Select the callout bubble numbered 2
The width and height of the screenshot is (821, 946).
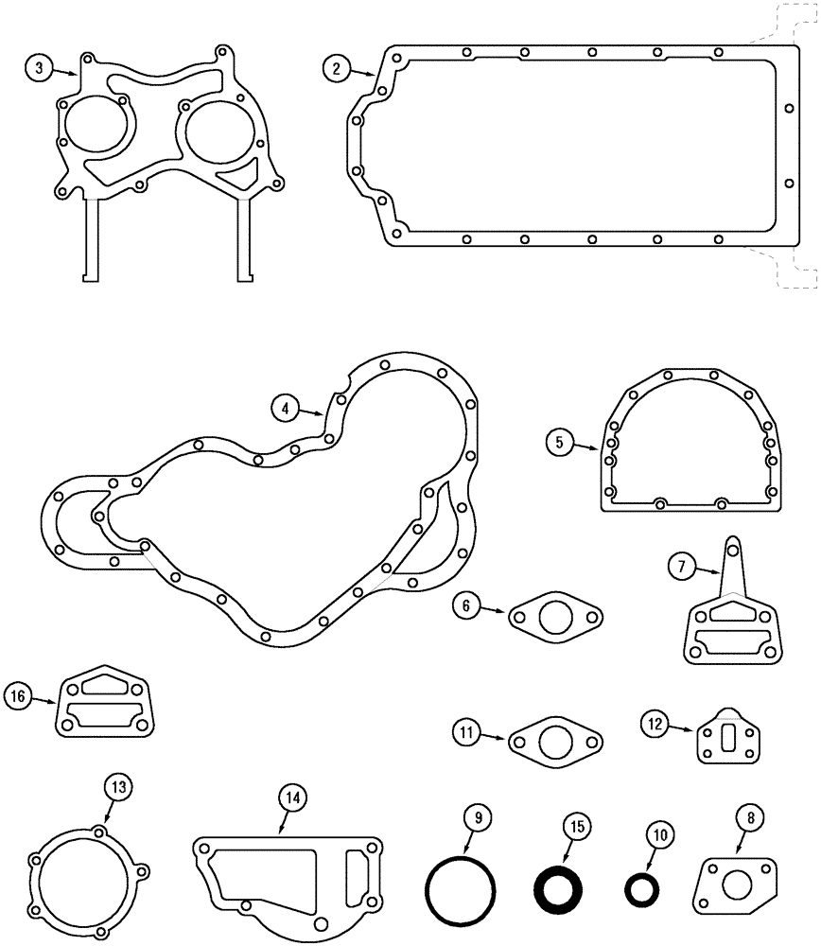pos(336,67)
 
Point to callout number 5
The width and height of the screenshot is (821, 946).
pos(560,441)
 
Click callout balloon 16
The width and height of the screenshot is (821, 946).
pos(18,698)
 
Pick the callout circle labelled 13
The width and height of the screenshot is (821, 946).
pos(117,786)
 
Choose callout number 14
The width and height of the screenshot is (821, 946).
pos(293,798)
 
